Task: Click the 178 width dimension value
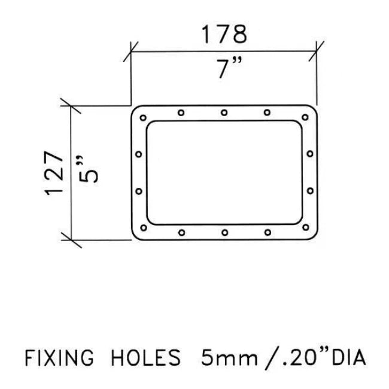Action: [223, 34]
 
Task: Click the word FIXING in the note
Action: [59, 357]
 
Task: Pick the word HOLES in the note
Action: [145, 357]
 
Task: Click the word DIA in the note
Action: [348, 357]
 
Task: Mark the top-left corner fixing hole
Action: [143, 117]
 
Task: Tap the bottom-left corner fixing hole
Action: [143, 227]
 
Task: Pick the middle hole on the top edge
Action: [224, 112]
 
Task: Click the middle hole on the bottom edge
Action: [224, 232]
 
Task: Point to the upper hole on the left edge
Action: [138, 154]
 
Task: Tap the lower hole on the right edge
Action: [310, 192]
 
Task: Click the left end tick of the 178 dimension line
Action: [131, 51]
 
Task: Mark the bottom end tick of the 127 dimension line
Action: [72, 240]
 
